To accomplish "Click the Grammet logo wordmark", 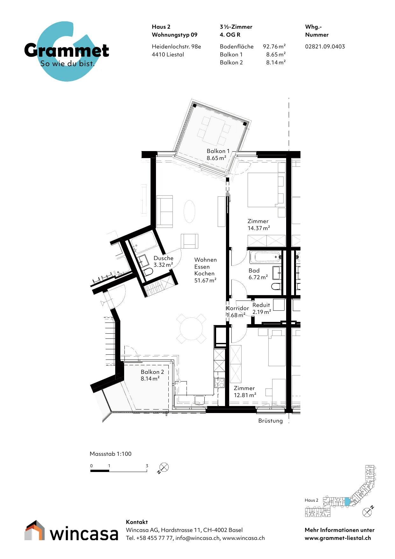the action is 67,50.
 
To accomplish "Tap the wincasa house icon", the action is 35,530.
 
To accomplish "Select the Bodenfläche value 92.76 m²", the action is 274,47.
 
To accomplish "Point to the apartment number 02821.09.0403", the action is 325,47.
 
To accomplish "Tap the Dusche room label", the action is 164,261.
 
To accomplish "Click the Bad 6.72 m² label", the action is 258,274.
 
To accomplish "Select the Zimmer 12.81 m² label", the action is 245,392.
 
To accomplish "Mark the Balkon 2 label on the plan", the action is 152,375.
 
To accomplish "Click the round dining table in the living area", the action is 191,329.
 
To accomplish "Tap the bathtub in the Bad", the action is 265,257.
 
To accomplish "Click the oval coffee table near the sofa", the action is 189,211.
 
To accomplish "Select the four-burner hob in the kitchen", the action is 219,382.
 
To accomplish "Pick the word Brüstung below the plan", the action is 271,421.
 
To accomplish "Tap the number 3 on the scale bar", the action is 147,466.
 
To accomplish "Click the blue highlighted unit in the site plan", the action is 347,502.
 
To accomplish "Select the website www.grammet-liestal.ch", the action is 338,538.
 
